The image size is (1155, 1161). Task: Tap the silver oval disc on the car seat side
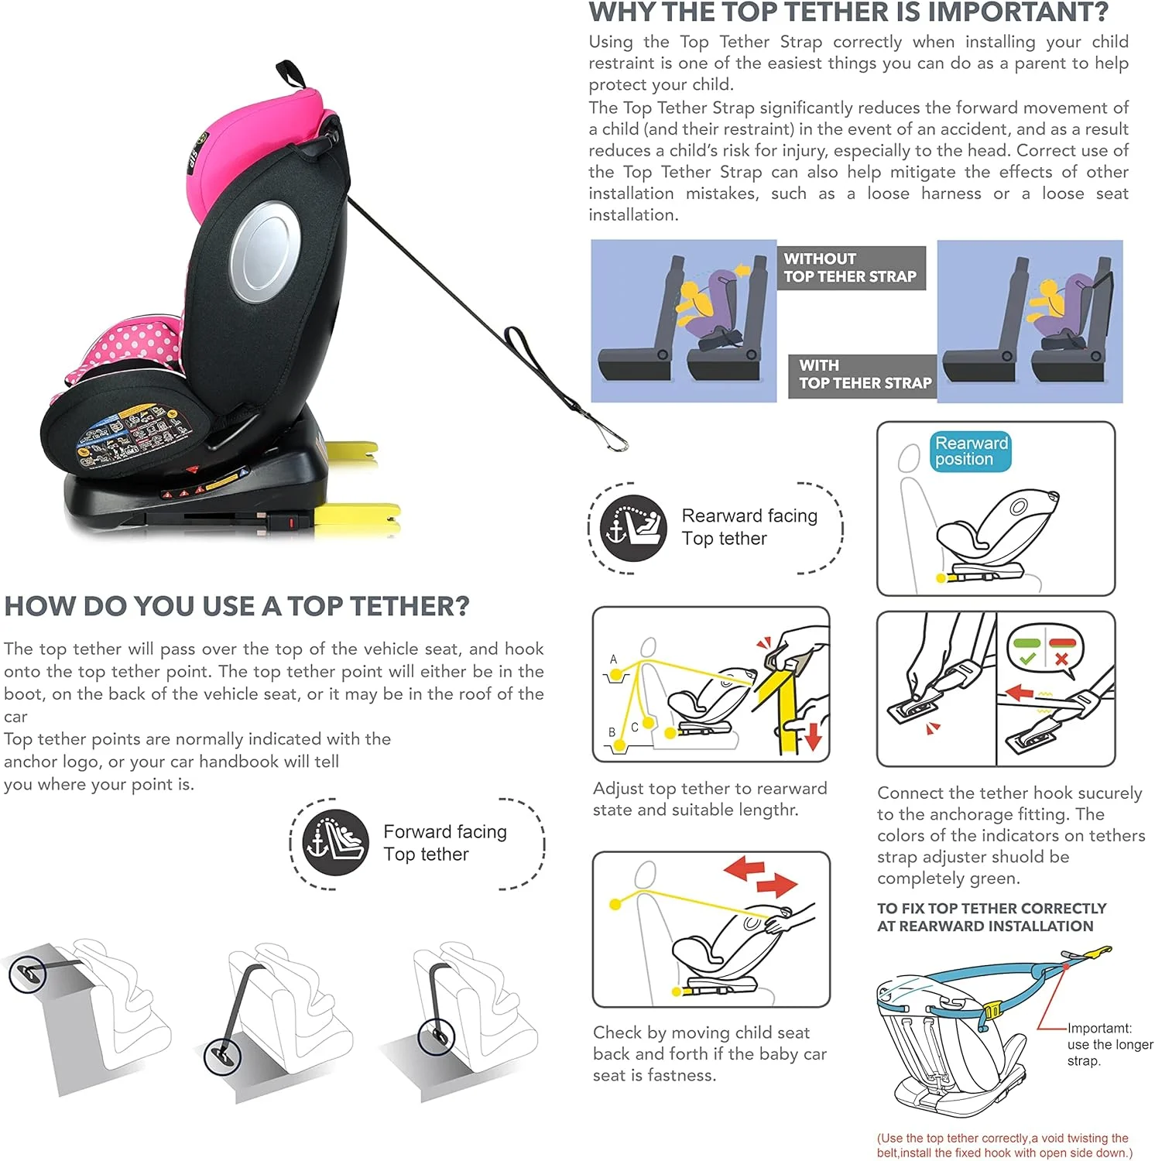pyautogui.click(x=265, y=252)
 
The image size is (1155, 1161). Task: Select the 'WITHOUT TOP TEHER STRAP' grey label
pyautogui.click(x=851, y=268)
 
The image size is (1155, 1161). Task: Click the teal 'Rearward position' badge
pyautogui.click(x=971, y=451)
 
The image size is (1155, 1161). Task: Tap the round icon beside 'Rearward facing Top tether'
pyautogui.click(x=633, y=528)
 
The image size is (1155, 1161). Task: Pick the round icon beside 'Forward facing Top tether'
pyautogui.click(x=335, y=843)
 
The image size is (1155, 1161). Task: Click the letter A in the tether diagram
pyautogui.click(x=613, y=659)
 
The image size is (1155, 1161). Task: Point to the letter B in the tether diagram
pyautogui.click(x=612, y=731)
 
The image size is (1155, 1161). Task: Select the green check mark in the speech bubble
pyautogui.click(x=1027, y=659)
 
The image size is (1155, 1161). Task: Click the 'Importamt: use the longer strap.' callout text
pyautogui.click(x=1110, y=1044)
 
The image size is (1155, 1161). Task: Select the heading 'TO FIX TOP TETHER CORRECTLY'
pyautogui.click(x=992, y=908)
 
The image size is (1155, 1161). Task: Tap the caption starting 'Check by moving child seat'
pyautogui.click(x=710, y=1053)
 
